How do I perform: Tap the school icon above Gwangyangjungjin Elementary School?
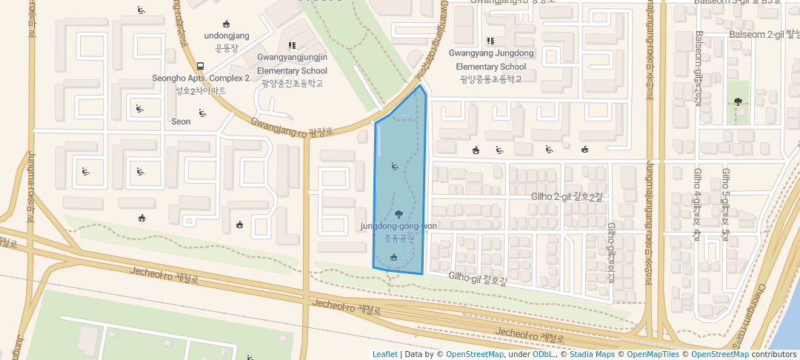(x=292, y=46)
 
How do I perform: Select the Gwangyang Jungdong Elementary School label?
(x=491, y=60)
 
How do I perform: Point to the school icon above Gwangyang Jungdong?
(x=490, y=41)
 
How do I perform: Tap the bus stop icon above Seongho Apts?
(x=200, y=66)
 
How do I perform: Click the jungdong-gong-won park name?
(x=399, y=226)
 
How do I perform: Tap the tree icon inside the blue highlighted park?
(x=399, y=213)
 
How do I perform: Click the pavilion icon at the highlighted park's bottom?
(x=393, y=257)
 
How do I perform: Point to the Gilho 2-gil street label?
(x=567, y=196)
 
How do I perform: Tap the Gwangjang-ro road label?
(x=291, y=128)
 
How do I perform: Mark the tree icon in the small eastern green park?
(x=738, y=102)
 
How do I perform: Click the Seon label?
(x=181, y=121)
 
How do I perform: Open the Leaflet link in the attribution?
(x=384, y=354)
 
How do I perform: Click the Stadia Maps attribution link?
(x=590, y=354)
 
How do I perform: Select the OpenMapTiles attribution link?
(x=648, y=354)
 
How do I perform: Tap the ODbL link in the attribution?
(x=544, y=354)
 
